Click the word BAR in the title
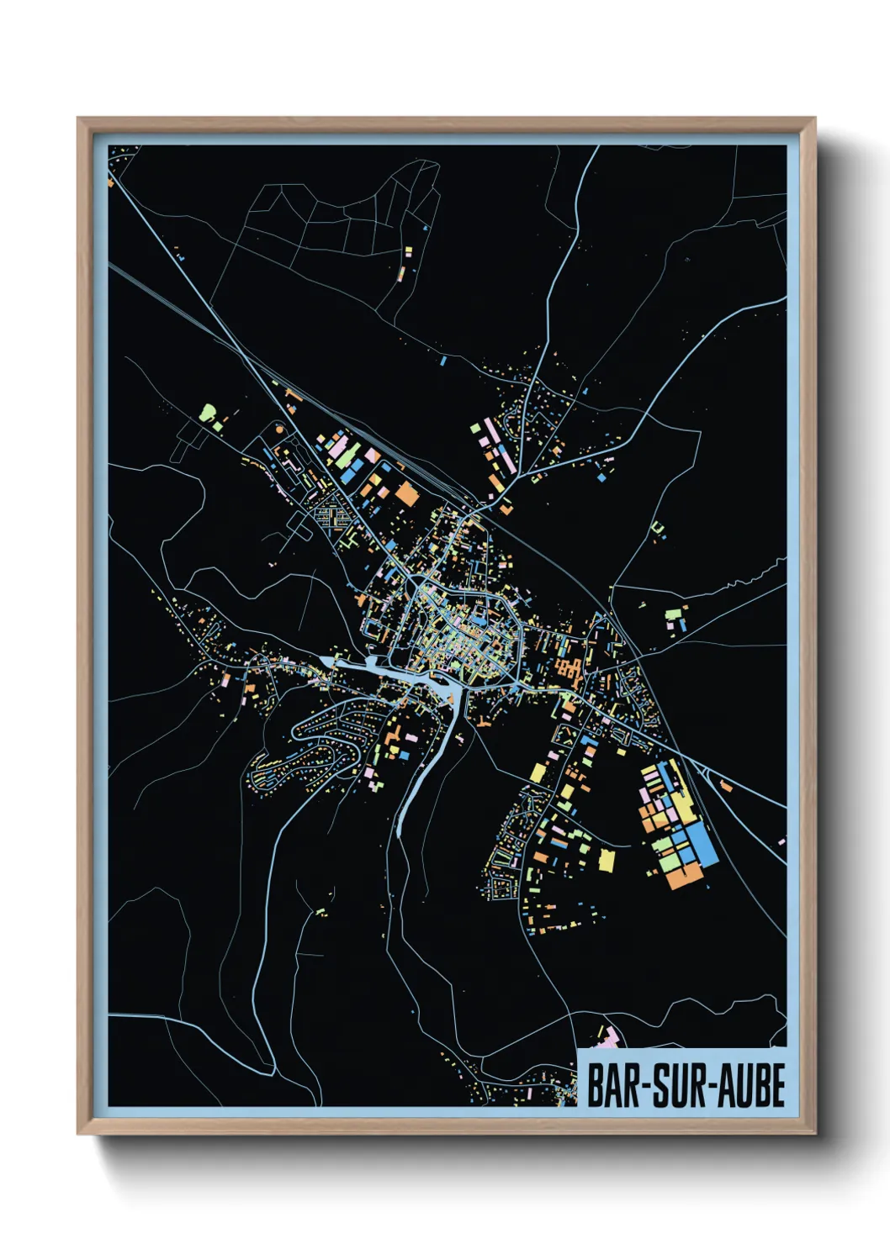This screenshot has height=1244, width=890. pos(612,1085)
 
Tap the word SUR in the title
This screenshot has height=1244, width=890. pos(676,1085)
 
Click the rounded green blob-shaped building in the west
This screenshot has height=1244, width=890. pos(208,413)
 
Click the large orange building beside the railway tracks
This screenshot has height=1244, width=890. pos(407,493)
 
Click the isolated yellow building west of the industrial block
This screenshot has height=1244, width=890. pos(606,862)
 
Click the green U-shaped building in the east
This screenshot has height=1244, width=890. pos(658,528)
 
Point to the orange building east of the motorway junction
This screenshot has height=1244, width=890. pos(506,507)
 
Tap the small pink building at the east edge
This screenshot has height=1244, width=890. pos(781,841)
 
